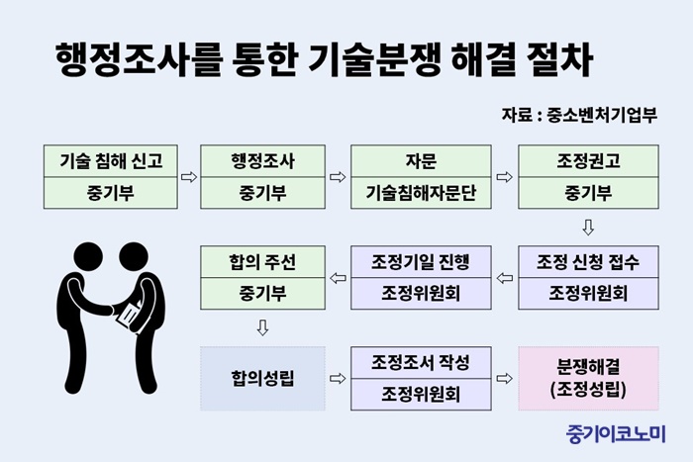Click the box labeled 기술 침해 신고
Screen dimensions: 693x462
pos(111,177)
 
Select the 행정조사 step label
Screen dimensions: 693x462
pos(262,161)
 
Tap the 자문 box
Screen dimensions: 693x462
pos(421,177)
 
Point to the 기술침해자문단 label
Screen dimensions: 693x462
pos(421,193)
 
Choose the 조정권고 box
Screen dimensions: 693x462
pos(588,177)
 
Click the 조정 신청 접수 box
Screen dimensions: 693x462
pos(588,277)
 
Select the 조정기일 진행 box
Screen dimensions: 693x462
pos(421,277)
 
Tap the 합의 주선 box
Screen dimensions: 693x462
pos(262,277)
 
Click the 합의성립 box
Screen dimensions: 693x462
pos(262,379)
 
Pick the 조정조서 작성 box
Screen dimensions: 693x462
pos(421,379)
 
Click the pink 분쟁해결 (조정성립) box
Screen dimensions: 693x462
pos(588,379)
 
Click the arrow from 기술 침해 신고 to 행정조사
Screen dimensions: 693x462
pos(189,177)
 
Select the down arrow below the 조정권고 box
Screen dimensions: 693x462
pos(588,228)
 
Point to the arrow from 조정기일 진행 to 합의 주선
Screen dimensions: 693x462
pos(339,278)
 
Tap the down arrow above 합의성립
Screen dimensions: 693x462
pos(262,327)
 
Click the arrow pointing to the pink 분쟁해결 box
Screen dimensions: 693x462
pos(504,379)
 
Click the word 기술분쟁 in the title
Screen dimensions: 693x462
pos(374,60)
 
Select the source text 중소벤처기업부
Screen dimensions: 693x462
pos(602,116)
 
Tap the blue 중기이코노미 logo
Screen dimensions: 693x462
pos(616,434)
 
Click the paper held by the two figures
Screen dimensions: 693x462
pos(129,315)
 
